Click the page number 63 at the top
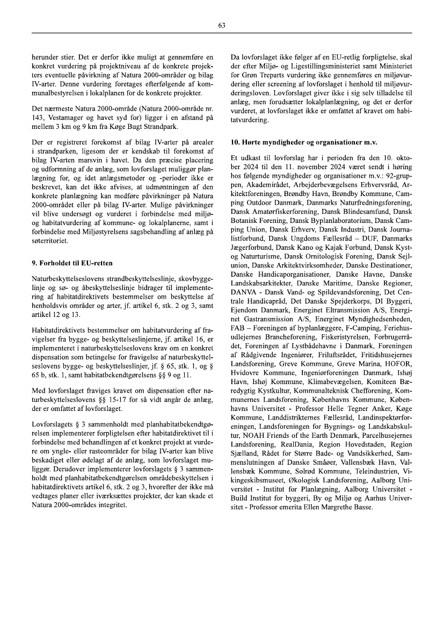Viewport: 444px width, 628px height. (222, 25)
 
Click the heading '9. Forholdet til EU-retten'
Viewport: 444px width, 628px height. (72, 263)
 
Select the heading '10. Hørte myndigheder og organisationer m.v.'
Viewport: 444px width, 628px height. (304, 143)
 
